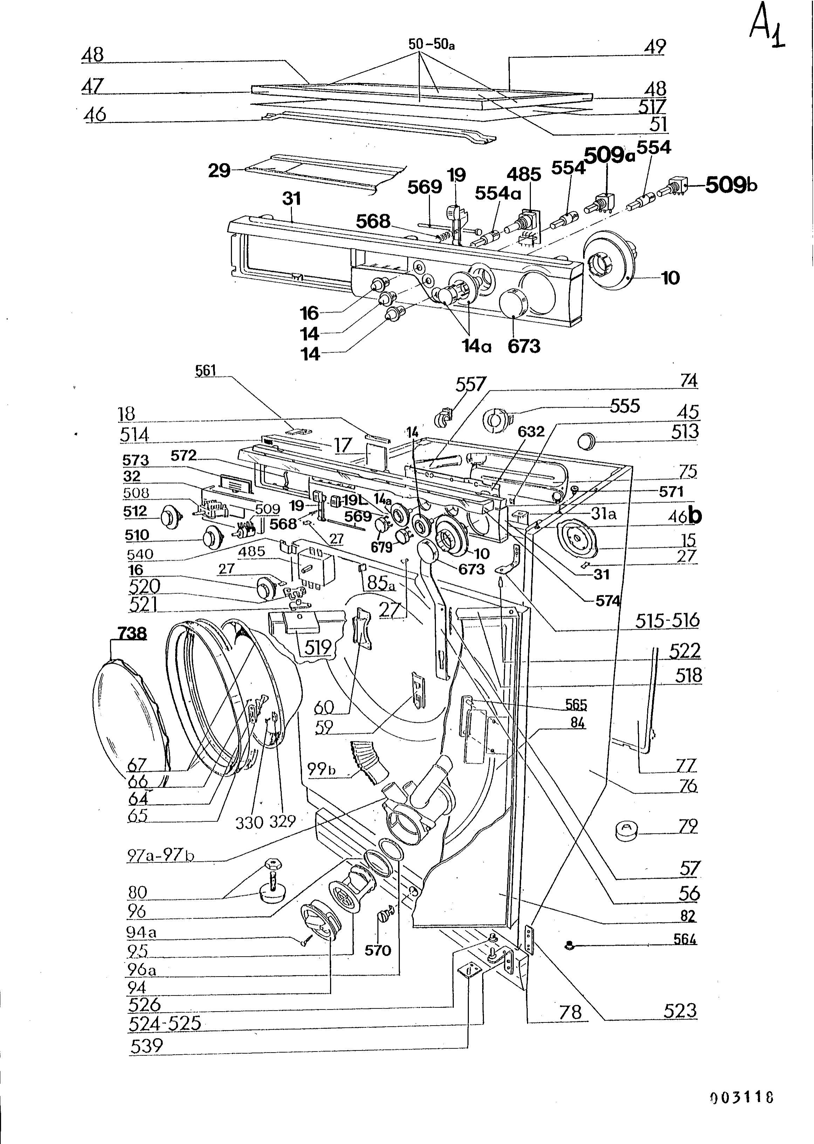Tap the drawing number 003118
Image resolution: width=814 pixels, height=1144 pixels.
(x=742, y=1097)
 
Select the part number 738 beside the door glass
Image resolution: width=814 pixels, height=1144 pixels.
(x=132, y=633)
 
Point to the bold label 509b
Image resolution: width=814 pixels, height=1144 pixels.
(x=731, y=185)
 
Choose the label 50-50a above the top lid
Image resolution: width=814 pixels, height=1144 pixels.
(x=432, y=44)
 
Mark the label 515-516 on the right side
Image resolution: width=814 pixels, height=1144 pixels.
(x=667, y=620)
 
